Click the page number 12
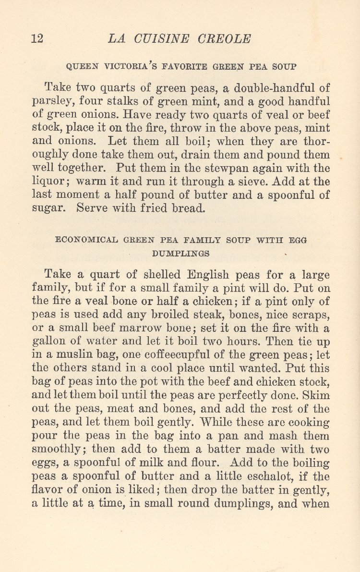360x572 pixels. click(x=37, y=38)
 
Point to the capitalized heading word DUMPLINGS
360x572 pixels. click(x=180, y=253)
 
